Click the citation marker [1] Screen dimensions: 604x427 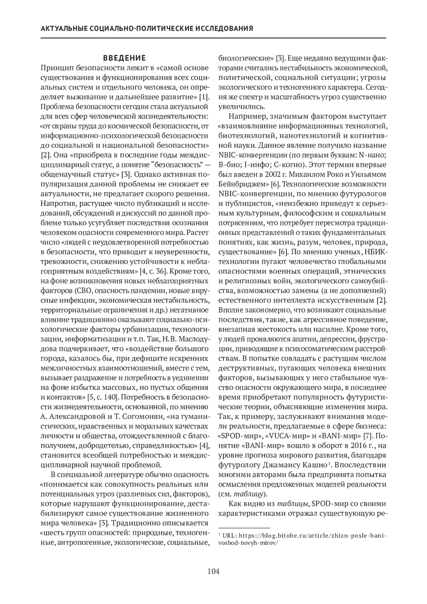tap(204, 97)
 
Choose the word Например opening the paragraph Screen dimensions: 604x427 tap(248, 116)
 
